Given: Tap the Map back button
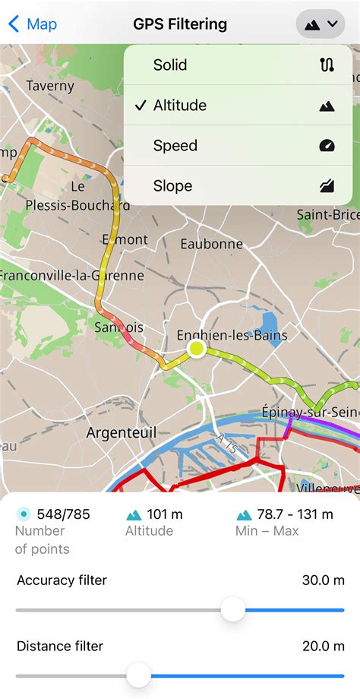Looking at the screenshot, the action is click(x=32, y=24).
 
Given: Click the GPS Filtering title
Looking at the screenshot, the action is click(x=180, y=24).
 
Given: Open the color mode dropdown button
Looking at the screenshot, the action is click(x=321, y=24).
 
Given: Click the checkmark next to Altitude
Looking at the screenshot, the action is click(x=140, y=105).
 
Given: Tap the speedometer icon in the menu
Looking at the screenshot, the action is click(x=327, y=145).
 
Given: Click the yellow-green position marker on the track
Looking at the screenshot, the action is click(x=196, y=349).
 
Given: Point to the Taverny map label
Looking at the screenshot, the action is click(x=50, y=86).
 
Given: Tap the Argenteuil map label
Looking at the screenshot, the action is click(x=121, y=432).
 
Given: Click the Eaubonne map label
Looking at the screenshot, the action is click(x=211, y=244).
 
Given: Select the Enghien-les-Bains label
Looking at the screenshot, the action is click(x=232, y=335).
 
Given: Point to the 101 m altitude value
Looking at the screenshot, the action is click(x=165, y=514).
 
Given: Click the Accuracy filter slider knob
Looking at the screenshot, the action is click(x=233, y=609).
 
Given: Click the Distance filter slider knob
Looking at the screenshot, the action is click(x=138, y=674).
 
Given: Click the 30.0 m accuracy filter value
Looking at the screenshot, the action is click(x=323, y=580).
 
